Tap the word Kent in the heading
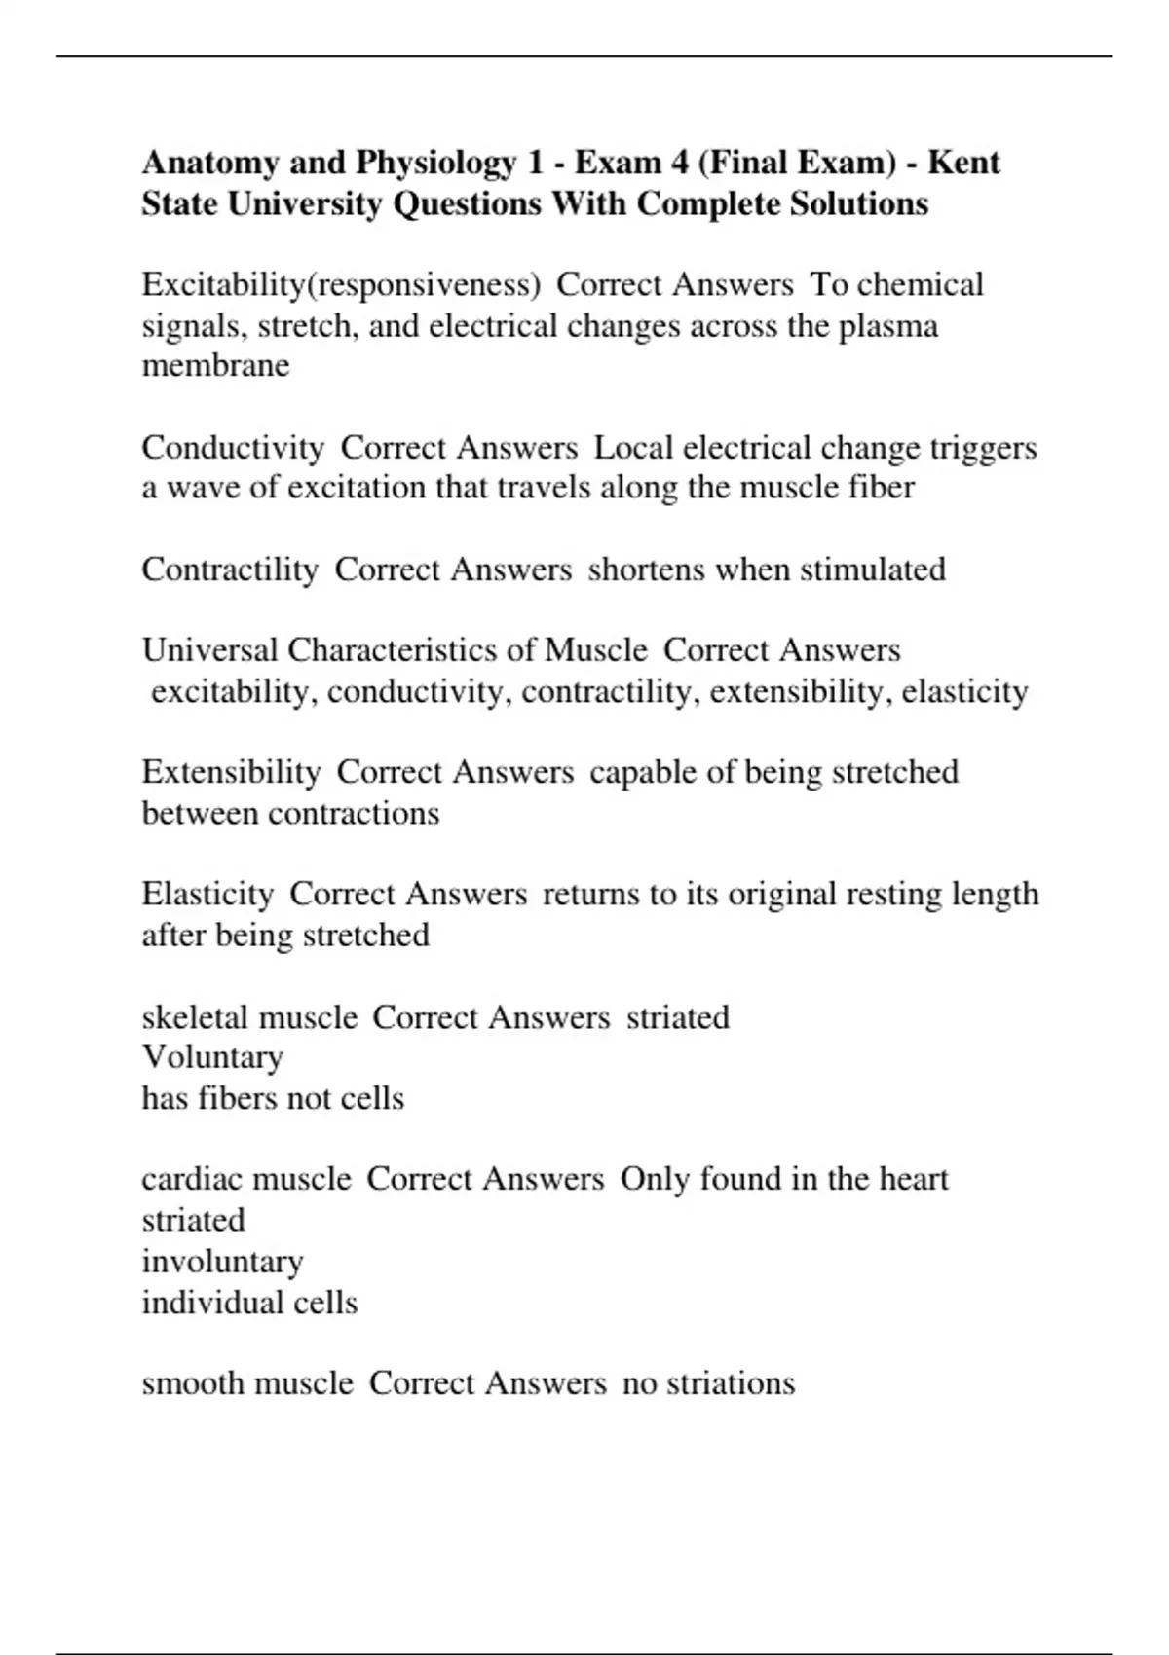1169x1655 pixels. click(963, 163)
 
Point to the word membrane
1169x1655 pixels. click(215, 366)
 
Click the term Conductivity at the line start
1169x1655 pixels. click(233, 448)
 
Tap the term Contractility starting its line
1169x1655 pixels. click(230, 570)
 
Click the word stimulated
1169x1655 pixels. click(872, 570)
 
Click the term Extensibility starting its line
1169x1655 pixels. click(231, 772)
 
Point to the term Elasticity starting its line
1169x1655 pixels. click(207, 894)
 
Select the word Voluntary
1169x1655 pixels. click(212, 1057)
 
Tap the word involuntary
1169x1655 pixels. click(222, 1262)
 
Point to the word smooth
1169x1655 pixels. click(193, 1383)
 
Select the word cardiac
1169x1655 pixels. click(191, 1179)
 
